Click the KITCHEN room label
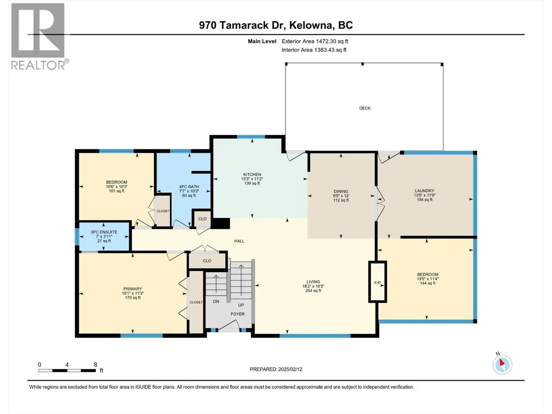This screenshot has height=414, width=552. tap(252, 175)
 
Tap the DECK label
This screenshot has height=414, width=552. tap(365, 108)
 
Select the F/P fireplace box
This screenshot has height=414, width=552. tap(377, 282)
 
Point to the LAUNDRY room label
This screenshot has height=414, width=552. tap(424, 191)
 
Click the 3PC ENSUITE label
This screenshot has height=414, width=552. tap(104, 232)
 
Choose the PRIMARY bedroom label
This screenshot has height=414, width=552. tap(132, 289)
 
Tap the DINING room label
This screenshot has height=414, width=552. tap(341, 191)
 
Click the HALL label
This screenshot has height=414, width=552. tap(239, 241)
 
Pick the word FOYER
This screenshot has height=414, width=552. tap(238, 314)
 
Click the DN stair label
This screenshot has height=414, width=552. tap(216, 302)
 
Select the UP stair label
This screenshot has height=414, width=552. tap(241, 305)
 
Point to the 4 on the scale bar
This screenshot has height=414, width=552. tap(67, 364)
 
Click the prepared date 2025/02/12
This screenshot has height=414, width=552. tap(290, 369)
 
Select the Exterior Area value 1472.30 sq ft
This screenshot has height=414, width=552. tap(332, 41)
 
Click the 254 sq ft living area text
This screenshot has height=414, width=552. tap(313, 290)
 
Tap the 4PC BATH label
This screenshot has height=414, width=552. tap(189, 187)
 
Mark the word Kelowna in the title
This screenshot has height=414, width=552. tap(312, 25)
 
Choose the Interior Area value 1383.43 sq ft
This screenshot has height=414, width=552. tap(330, 50)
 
